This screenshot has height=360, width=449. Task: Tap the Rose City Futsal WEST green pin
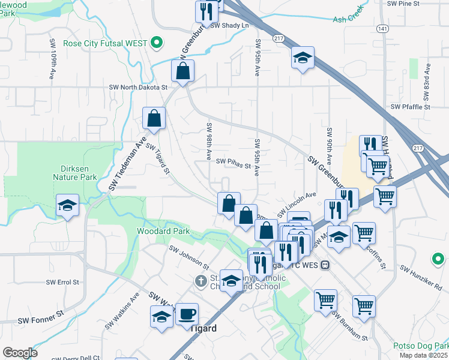coord(157,43)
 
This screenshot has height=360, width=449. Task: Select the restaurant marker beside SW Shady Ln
coord(205,11)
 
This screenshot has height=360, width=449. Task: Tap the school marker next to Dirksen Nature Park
coord(67,205)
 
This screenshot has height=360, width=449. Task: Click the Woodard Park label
coord(163,231)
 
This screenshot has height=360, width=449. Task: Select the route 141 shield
coord(382,29)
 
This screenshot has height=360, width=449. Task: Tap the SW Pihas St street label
coord(233,162)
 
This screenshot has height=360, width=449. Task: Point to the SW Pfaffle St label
coord(411,107)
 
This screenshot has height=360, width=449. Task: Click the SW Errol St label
coord(62,281)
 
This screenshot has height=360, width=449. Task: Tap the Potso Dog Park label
coord(420,346)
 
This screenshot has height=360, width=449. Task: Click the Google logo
coord(20,353)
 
